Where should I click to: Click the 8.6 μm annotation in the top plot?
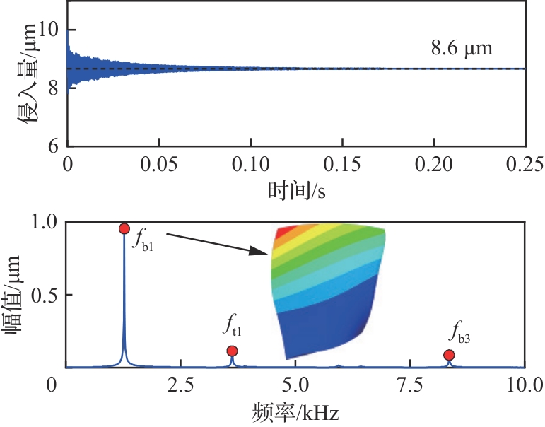click(x=461, y=49)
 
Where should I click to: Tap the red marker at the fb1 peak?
click(x=124, y=228)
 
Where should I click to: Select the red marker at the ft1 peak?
click(x=232, y=351)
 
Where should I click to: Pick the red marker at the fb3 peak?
click(x=449, y=355)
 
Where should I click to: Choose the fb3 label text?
click(x=459, y=332)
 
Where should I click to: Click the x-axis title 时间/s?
click(x=296, y=191)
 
